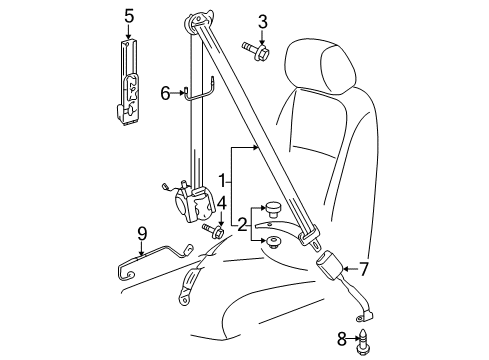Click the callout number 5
pyautogui.click(x=129, y=16)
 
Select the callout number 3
pyautogui.click(x=263, y=22)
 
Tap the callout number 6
pyautogui.click(x=165, y=93)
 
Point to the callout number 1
pyautogui.click(x=222, y=181)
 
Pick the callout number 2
pyautogui.click(x=242, y=225)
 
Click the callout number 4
pyautogui.click(x=222, y=203)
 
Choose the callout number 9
pyautogui.click(x=142, y=234)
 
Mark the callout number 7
pyautogui.click(x=363, y=269)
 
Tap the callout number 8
pyautogui.click(x=342, y=340)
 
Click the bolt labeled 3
pyautogui.click(x=256, y=50)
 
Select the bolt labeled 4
pyautogui.click(x=213, y=230)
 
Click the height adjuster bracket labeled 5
pyautogui.click(x=127, y=82)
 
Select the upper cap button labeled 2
pyautogui.click(x=273, y=209)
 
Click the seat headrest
pyautogui.click(x=320, y=65)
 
